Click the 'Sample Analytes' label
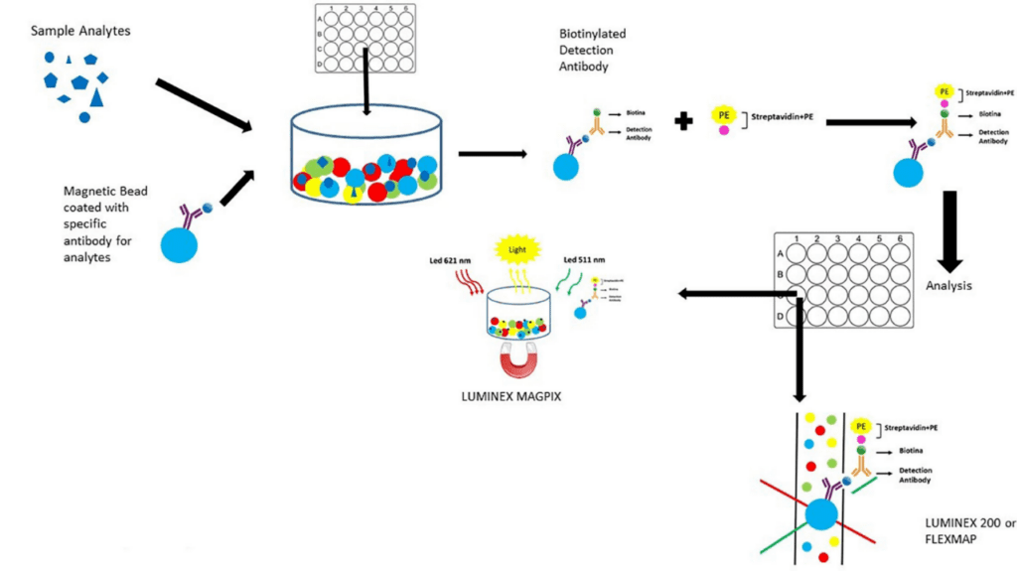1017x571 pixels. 80,31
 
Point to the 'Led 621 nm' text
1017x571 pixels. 445,261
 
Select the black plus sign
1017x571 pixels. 683,122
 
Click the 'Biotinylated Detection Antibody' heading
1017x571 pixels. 592,51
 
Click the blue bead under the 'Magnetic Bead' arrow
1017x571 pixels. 184,244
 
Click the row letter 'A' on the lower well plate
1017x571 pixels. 781,252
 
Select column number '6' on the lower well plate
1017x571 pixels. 901,239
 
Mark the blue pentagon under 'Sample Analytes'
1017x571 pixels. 89,60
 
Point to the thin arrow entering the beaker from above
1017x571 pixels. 367,79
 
